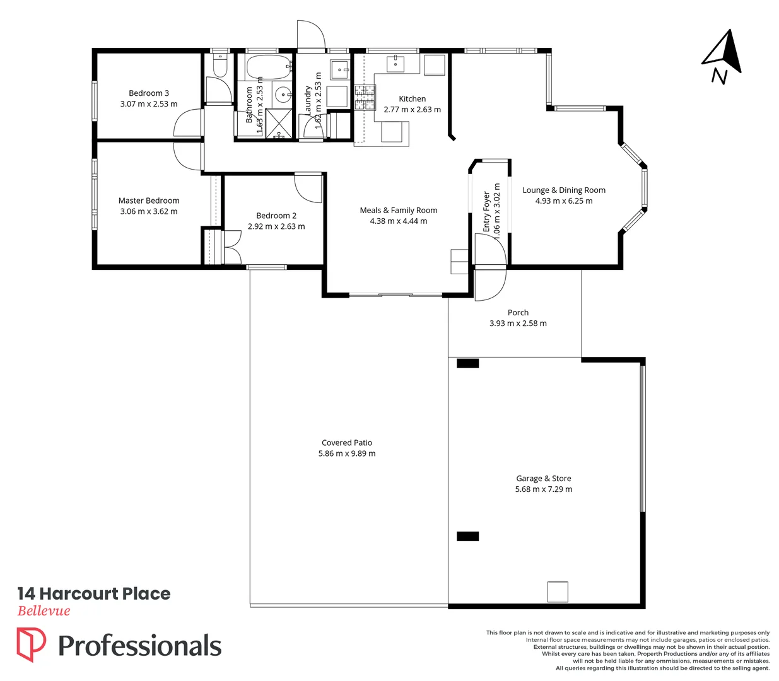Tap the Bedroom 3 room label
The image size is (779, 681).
(149, 93)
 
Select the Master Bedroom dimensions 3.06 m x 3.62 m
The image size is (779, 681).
(149, 212)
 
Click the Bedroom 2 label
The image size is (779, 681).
(276, 216)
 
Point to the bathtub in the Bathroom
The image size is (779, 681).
(267, 66)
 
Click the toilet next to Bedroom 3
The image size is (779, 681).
(220, 66)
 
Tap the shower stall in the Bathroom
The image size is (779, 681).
(278, 122)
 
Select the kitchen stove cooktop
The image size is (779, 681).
(365, 98)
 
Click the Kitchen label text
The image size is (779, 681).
(413, 99)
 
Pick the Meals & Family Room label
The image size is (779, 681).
(399, 211)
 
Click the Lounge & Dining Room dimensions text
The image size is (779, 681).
(564, 201)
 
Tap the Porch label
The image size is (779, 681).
(518, 313)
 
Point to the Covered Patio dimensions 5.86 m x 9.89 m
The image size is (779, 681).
(347, 454)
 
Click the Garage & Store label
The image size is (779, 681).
(544, 479)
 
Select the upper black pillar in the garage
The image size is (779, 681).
(467, 363)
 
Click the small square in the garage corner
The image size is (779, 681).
(558, 591)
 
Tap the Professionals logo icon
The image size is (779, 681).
(31, 644)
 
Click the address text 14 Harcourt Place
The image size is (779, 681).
(94, 594)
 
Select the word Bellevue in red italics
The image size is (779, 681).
(44, 611)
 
